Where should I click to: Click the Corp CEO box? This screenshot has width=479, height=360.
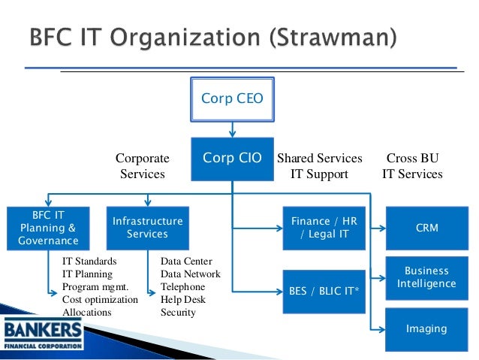point(232,98)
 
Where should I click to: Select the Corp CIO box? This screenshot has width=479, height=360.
point(232,159)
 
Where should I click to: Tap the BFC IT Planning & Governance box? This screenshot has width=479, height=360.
point(48,227)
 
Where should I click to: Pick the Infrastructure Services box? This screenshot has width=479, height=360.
point(147,227)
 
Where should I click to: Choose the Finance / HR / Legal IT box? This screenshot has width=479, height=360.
point(324,227)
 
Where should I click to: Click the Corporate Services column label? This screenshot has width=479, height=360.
point(142,166)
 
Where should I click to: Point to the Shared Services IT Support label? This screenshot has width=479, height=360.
point(320,166)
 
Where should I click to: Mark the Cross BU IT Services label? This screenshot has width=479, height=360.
point(412,166)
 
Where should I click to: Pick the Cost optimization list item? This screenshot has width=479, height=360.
point(100,299)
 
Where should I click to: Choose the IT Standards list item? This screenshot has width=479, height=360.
point(89,262)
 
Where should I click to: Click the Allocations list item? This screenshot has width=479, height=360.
point(86,312)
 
